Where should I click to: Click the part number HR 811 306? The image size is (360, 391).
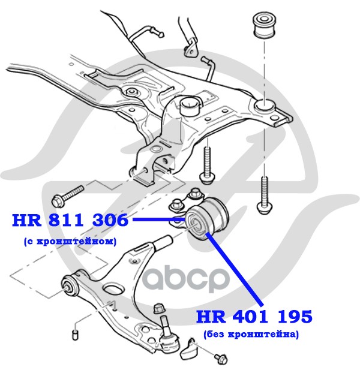point(70,220)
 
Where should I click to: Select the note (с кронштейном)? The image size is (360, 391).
point(65,241)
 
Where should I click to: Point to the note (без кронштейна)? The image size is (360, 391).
point(251,334)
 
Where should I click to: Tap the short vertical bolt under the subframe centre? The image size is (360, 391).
point(206,162)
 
